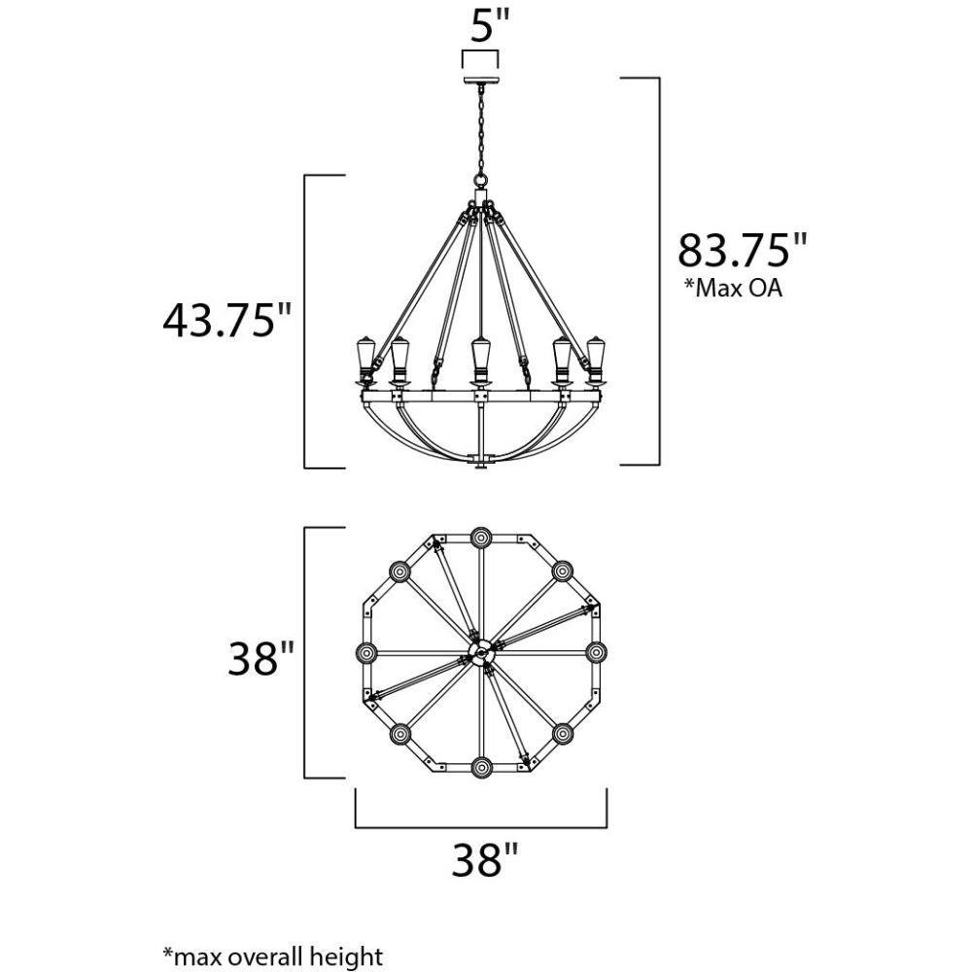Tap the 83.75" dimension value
[x=743, y=251]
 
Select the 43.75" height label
[x=226, y=321]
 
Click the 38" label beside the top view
[x=260, y=658]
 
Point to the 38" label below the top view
[x=484, y=860]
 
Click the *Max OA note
[x=733, y=289]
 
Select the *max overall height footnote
[x=273, y=955]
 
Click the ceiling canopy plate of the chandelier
[x=480, y=81]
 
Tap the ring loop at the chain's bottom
[x=480, y=181]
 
